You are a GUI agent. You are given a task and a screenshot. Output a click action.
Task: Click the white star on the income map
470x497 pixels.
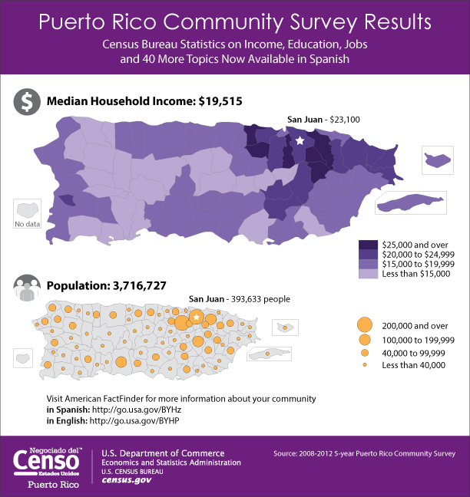(x=300, y=141)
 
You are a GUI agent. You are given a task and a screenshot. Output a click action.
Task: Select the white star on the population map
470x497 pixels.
(x=197, y=317)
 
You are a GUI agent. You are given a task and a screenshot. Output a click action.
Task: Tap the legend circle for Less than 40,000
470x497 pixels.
(x=365, y=365)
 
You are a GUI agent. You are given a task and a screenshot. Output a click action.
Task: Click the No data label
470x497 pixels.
(x=28, y=224)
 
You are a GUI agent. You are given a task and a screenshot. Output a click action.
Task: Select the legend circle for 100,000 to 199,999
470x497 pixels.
(x=365, y=339)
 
